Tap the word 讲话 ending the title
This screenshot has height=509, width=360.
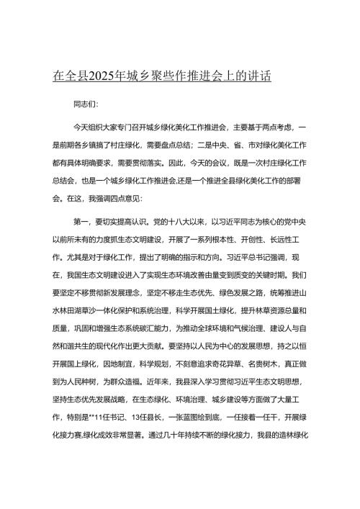coord(259,76)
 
